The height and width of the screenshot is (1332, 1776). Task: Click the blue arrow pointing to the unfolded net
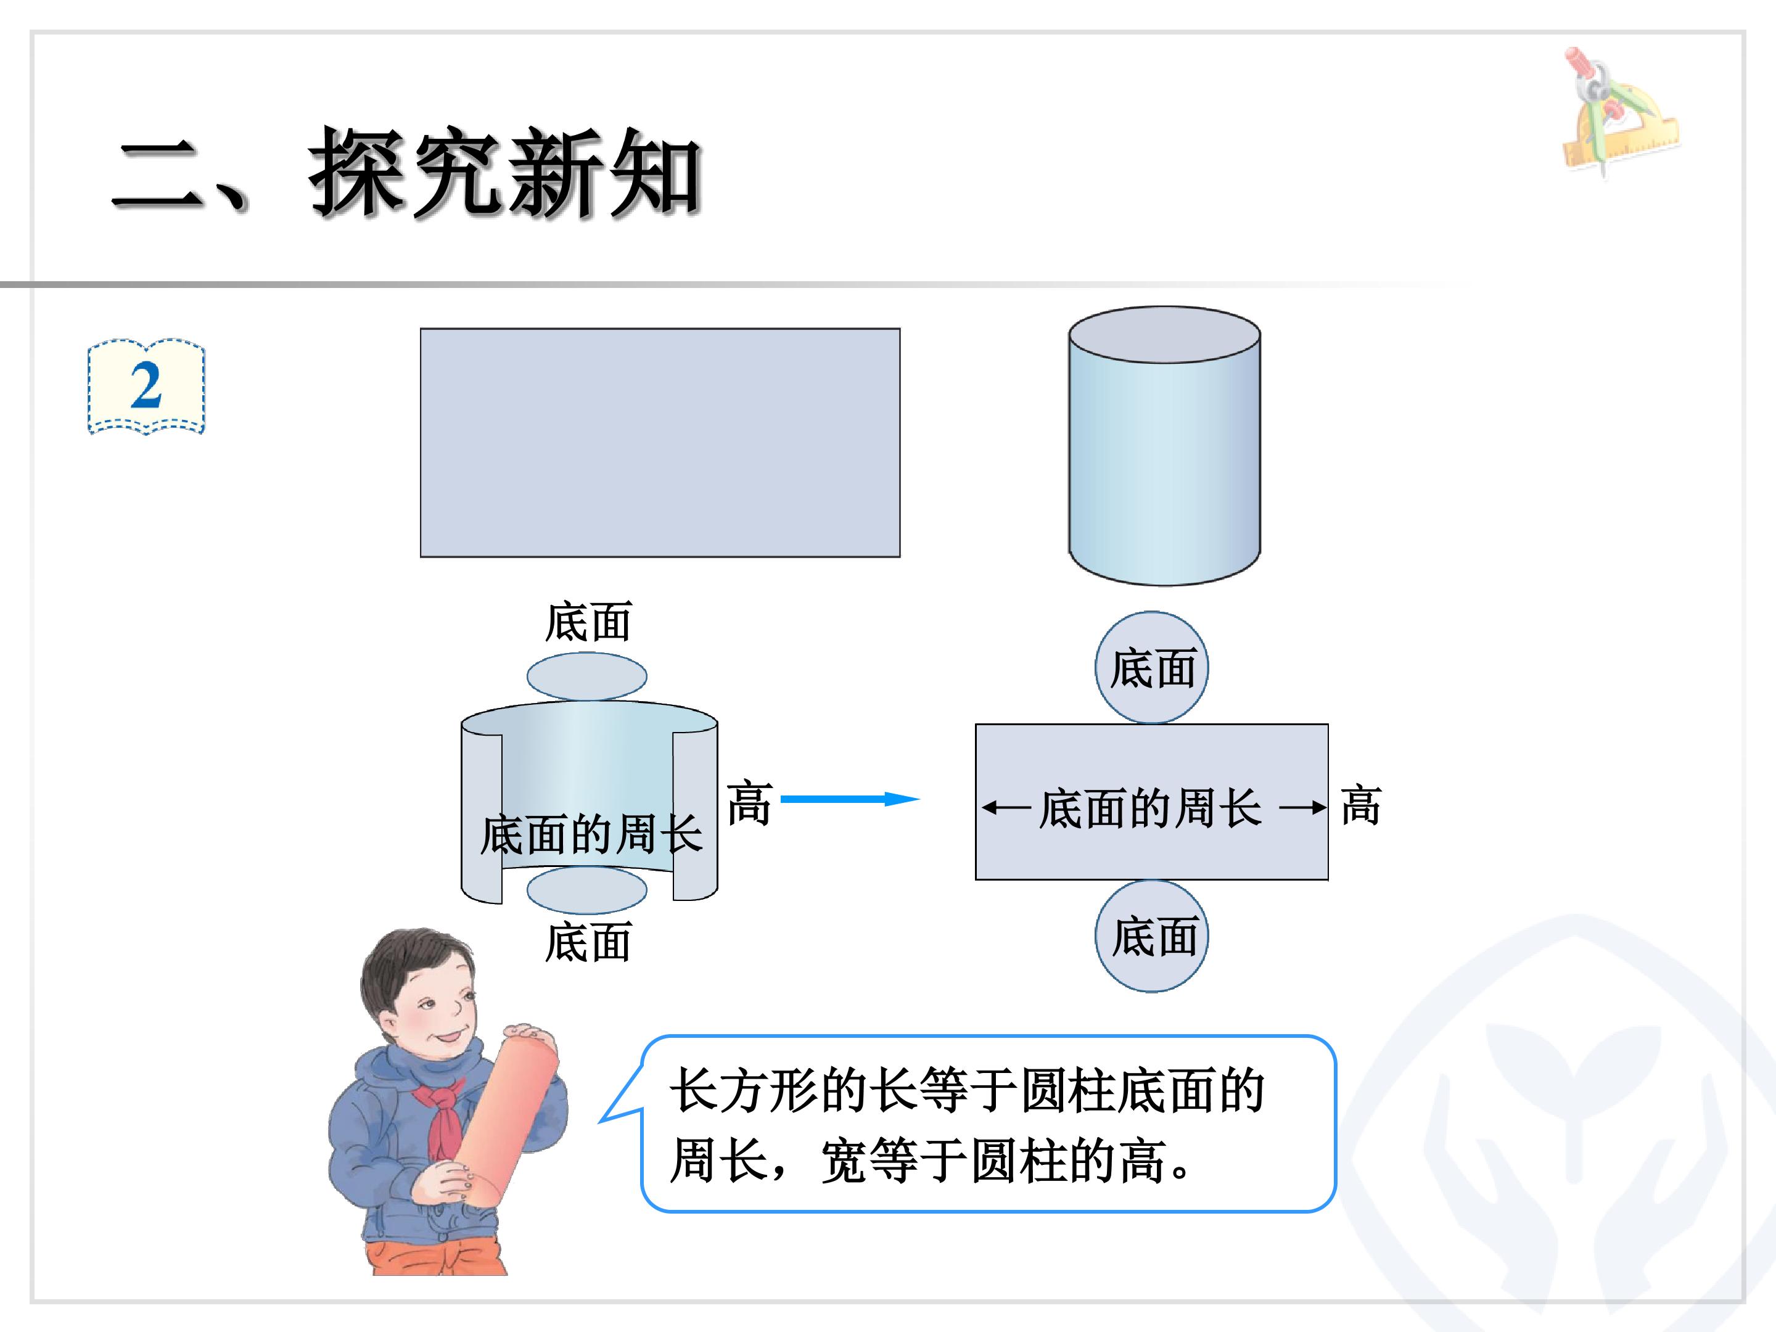point(850,799)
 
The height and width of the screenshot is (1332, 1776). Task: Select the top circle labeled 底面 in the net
point(1151,667)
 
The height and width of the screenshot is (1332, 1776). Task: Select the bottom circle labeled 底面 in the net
point(1151,936)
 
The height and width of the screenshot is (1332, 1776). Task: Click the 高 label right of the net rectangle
point(1361,806)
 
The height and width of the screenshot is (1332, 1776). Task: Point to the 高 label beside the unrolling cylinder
point(749,802)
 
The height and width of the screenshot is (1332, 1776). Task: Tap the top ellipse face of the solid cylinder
point(1164,335)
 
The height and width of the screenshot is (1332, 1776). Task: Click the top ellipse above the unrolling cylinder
point(587,676)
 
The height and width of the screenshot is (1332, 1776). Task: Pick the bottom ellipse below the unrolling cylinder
point(587,890)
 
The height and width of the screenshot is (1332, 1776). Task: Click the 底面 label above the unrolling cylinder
point(588,622)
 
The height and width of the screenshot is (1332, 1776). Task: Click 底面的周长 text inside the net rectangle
point(1149,808)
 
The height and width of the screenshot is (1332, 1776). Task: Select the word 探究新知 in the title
point(505,173)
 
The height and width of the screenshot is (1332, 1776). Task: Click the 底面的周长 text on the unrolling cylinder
point(592,834)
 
